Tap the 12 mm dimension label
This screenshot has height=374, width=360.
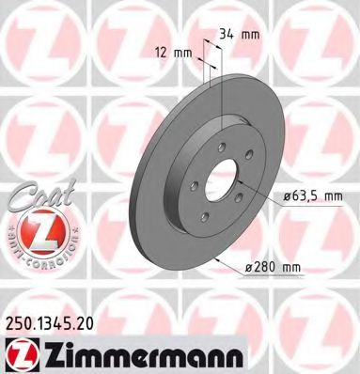pos(169,52)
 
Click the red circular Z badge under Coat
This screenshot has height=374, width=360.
pos(34,231)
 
